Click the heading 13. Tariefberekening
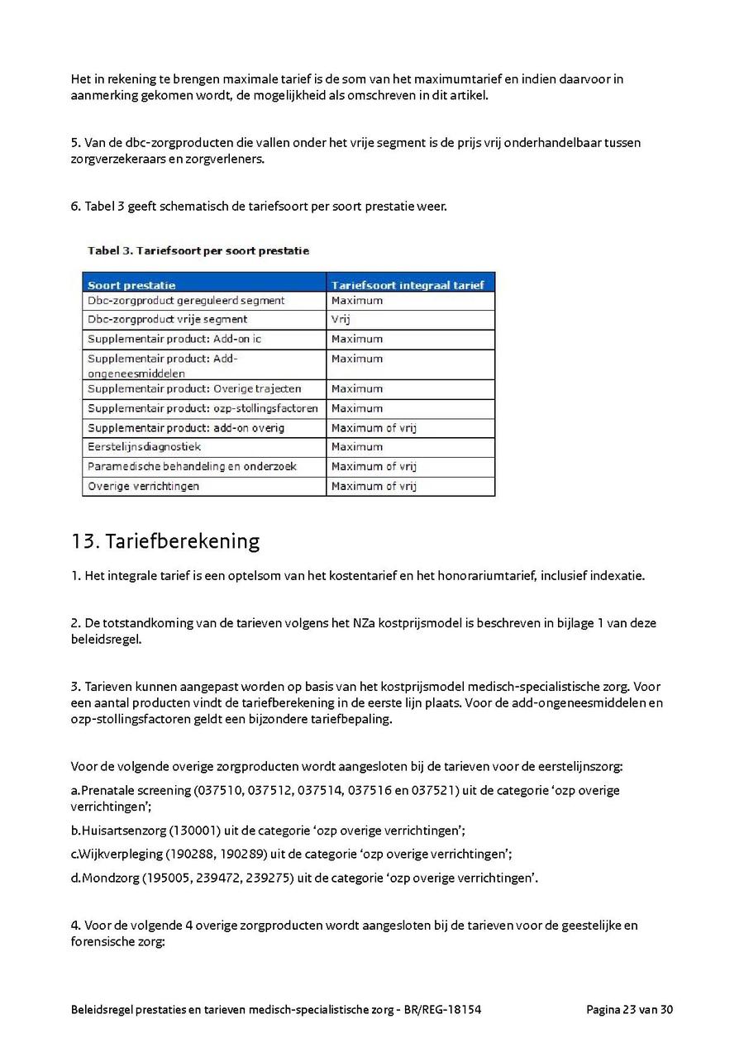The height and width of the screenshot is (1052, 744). [x=165, y=541]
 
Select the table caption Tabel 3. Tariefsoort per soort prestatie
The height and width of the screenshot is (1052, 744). [x=198, y=250]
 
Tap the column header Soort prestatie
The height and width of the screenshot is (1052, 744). [x=131, y=285]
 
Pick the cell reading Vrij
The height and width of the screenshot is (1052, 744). [x=341, y=319]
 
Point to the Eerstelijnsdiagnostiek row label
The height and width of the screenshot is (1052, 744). [x=144, y=447]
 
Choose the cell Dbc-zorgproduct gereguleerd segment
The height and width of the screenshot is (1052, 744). [x=186, y=301]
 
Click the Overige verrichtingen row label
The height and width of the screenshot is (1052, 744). [x=143, y=486]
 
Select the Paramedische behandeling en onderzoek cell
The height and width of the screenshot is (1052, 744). [x=192, y=467]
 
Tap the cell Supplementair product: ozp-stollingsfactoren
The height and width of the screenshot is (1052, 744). [x=203, y=408]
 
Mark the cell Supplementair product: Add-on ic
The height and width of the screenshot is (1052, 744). [x=174, y=339]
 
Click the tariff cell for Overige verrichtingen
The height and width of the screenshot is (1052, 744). [x=374, y=486]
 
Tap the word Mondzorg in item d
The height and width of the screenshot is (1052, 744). [x=109, y=878]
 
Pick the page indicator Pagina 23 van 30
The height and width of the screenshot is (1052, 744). [x=629, y=1009]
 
